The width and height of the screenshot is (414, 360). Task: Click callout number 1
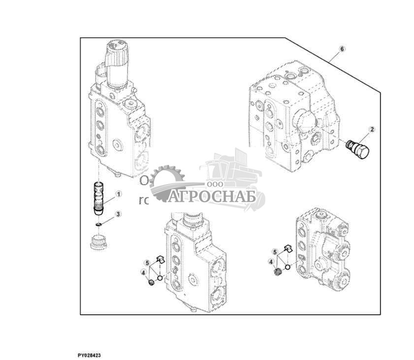click(x=118, y=195)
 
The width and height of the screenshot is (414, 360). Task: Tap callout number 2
click(x=372, y=130)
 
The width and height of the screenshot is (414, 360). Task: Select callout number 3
click(x=118, y=214)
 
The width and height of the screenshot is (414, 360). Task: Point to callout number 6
click(x=342, y=49)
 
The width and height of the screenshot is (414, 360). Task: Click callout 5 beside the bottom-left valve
click(x=147, y=262)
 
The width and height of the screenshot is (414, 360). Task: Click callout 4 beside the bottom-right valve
click(x=270, y=262)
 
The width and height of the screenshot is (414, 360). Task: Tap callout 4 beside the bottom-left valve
click(x=143, y=272)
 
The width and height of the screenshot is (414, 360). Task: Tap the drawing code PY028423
click(x=89, y=355)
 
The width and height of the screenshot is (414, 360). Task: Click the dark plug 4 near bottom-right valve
click(x=277, y=272)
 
